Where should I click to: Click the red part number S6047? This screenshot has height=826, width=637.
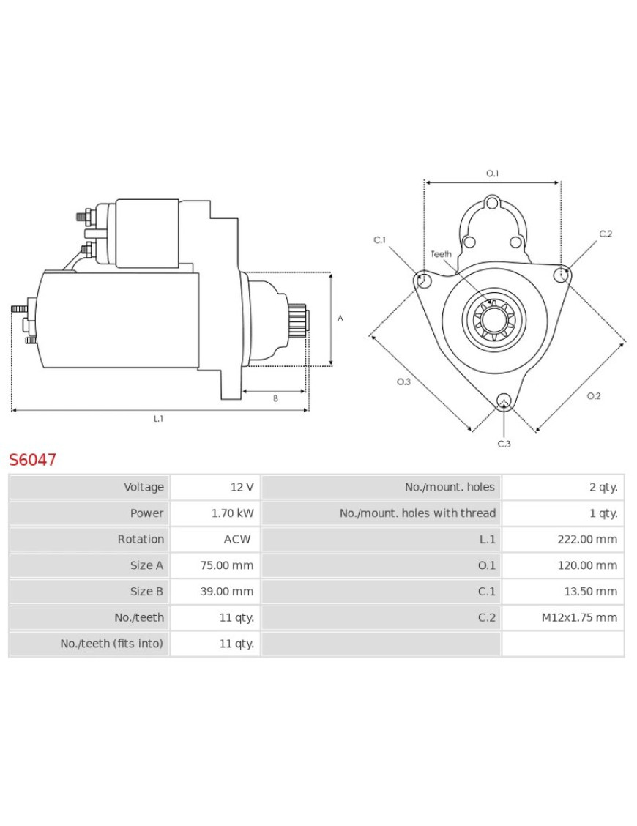coord(32,460)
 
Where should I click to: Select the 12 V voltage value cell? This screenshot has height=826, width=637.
coord(241,487)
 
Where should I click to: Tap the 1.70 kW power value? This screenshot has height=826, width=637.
coord(232,513)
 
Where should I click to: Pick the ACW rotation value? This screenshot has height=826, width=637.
coord(237,539)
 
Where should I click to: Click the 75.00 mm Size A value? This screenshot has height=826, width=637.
coord(227,565)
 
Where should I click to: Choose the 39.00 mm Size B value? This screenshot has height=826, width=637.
coord(227,591)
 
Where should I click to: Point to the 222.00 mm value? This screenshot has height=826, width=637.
coord(587,539)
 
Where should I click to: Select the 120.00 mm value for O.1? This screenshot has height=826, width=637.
coord(587,565)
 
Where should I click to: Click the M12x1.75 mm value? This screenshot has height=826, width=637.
coord(579,617)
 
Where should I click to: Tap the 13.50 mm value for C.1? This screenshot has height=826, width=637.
coord(590,591)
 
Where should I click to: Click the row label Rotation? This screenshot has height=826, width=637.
coord(141,539)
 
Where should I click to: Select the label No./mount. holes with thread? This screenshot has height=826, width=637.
coord(417,513)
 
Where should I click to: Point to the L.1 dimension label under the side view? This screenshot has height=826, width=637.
coord(158,419)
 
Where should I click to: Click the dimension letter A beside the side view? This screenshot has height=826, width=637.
coord(340,318)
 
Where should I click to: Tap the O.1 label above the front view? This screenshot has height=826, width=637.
coord(492,174)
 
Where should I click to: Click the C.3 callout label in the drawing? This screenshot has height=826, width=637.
coord(504,443)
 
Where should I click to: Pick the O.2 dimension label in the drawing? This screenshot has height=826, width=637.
coord(593,396)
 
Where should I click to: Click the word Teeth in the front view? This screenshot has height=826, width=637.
coord(441,254)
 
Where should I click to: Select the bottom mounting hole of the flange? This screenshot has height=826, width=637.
coord(503,400)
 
